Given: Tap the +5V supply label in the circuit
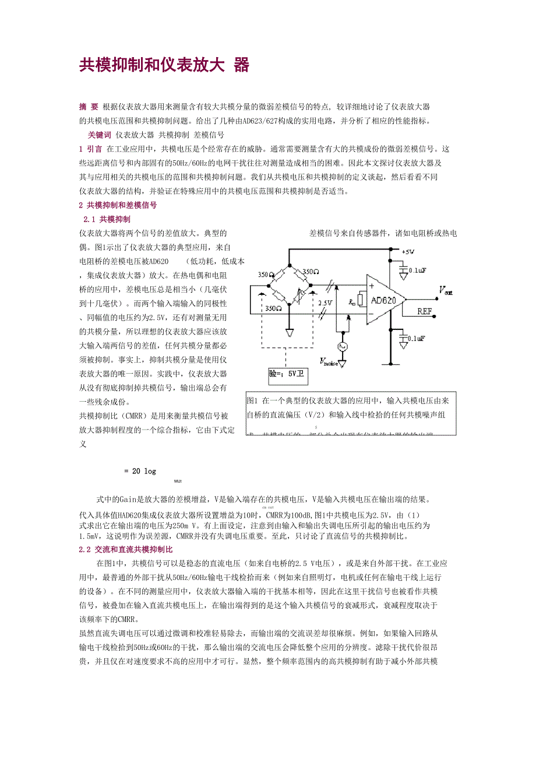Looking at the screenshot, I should (408, 252).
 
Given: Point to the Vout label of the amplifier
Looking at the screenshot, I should (445, 290).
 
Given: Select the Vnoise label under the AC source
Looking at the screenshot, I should (329, 362).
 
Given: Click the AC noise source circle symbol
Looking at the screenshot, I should (342, 346).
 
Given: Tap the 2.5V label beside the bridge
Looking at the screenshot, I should (325, 303).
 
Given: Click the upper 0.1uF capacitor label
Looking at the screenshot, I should (417, 270).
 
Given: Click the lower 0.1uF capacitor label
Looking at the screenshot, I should (417, 338).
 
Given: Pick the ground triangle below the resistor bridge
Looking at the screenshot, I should (290, 333).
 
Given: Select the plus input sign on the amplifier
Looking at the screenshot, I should (371, 286).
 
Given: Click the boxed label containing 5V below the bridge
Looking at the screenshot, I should (287, 374).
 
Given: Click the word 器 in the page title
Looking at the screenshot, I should (241, 65).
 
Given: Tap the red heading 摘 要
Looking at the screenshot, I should (89, 107).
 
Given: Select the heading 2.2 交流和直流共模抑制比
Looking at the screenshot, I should (125, 550).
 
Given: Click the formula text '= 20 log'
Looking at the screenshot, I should (140, 471).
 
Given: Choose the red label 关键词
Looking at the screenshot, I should (100, 135).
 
